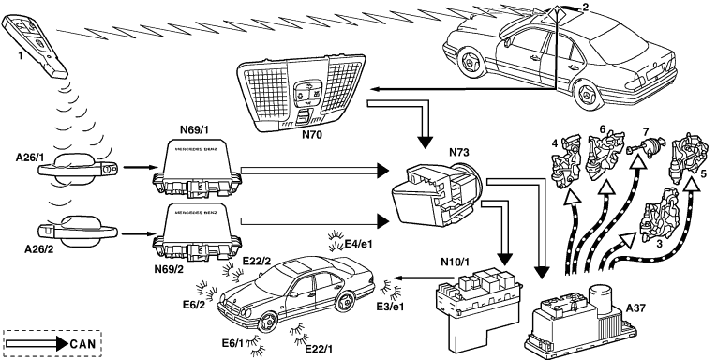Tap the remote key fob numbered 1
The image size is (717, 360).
tap(36, 45)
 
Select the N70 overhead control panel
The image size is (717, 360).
tap(302, 92)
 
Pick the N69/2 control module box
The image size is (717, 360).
tap(197, 231)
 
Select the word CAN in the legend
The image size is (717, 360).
tap(82, 344)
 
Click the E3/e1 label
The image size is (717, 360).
tap(390, 307)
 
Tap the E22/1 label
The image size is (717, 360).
tap(319, 349)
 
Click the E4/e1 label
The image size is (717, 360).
tap(358, 244)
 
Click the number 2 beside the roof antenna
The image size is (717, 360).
tap(586, 7)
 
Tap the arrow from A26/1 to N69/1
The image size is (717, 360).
tap(140, 167)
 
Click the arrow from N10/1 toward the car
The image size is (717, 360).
tap(424, 277)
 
